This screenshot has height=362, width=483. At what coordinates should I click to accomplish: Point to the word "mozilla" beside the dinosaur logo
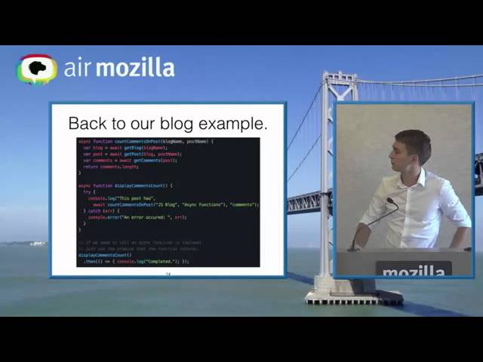136,68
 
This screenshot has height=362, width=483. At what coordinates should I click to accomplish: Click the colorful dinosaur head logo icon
37,69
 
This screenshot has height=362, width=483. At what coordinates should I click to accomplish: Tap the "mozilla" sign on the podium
413,271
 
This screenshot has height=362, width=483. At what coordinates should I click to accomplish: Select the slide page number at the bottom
168,274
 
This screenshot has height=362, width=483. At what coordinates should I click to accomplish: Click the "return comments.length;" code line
109,167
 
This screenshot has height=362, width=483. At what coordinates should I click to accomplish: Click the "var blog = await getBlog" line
125,148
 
